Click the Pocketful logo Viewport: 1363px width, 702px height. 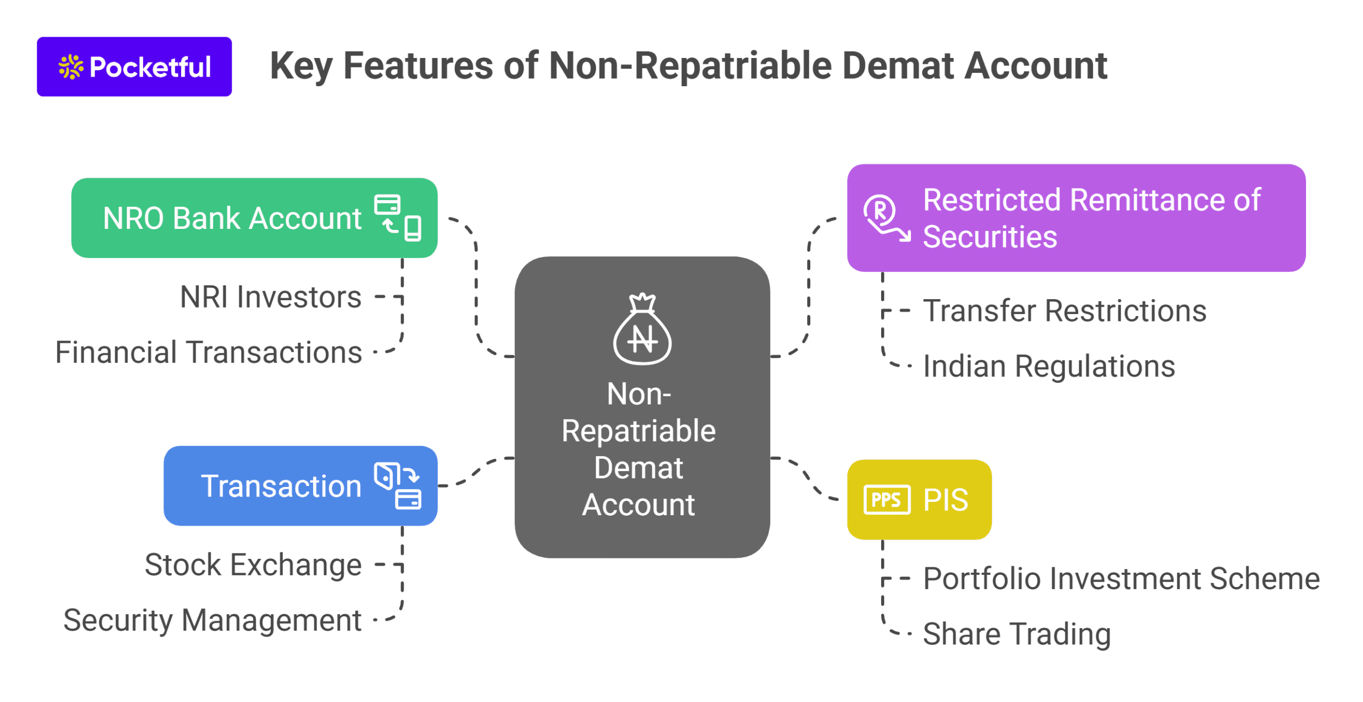point(134,67)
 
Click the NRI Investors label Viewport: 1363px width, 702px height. point(270,296)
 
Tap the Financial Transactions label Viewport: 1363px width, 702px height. point(208,352)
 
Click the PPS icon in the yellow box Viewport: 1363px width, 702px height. point(886,499)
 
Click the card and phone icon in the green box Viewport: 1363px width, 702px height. point(398,218)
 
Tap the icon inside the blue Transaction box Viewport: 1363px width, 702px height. point(398,485)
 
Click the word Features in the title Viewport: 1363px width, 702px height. point(418,66)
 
